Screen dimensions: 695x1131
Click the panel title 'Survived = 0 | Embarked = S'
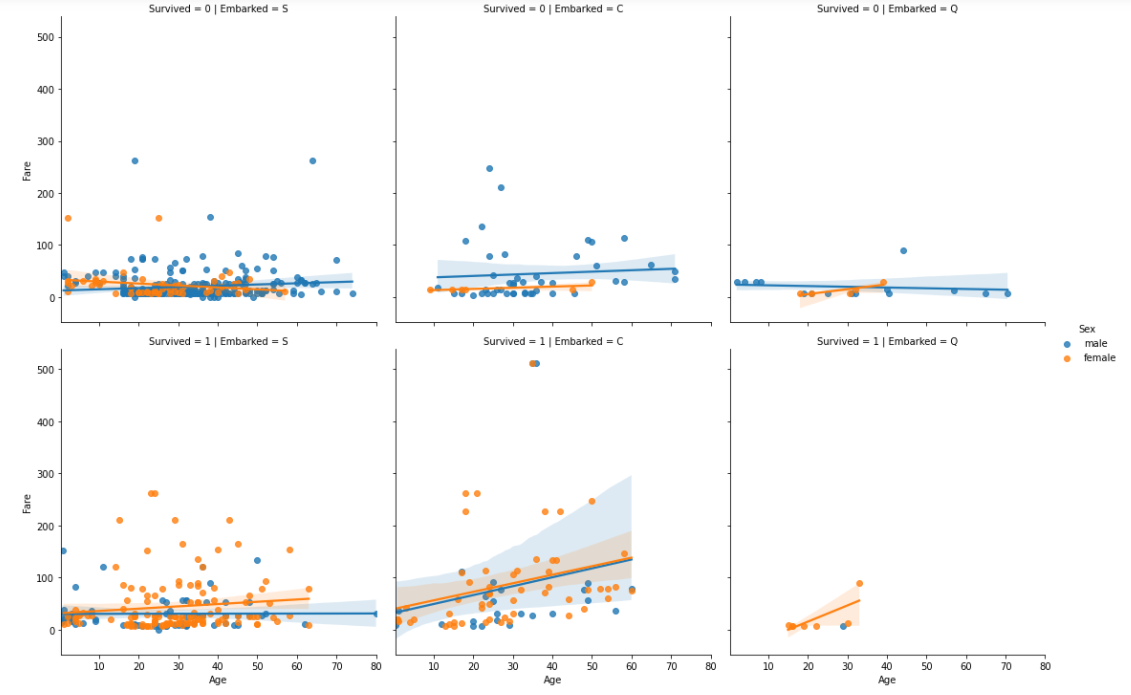pyautogui.click(x=218, y=9)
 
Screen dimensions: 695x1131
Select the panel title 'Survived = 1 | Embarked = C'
pyautogui.click(x=553, y=341)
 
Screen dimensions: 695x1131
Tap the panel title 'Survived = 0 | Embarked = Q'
pyautogui.click(x=887, y=9)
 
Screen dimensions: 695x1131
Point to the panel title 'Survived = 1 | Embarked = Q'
pyautogui.click(x=887, y=341)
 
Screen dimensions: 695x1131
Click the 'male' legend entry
pyautogui.click(x=1095, y=343)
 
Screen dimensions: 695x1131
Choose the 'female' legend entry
pyautogui.click(x=1099, y=358)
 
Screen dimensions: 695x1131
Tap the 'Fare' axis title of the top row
pyautogui.click(x=29, y=167)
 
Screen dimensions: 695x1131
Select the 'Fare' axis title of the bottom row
pyautogui.click(x=29, y=500)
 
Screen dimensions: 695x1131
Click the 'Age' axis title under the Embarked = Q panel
pyautogui.click(x=887, y=680)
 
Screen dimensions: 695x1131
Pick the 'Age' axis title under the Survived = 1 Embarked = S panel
pyautogui.click(x=218, y=680)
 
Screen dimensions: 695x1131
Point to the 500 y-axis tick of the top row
pyautogui.click(x=45, y=37)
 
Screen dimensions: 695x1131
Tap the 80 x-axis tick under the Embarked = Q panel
pyautogui.click(x=1044, y=666)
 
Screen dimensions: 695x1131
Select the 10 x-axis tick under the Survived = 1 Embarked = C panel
pyautogui.click(x=433, y=666)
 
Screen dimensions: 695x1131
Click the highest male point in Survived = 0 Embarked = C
pyautogui.click(x=490, y=169)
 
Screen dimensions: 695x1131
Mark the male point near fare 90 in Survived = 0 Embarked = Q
pyautogui.click(x=903, y=251)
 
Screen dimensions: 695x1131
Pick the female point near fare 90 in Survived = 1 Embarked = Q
pyautogui.click(x=859, y=583)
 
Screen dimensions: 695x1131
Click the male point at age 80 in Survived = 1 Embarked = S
pyautogui.click(x=376, y=614)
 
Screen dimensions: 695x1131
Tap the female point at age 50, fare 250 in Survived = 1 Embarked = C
pyautogui.click(x=592, y=501)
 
